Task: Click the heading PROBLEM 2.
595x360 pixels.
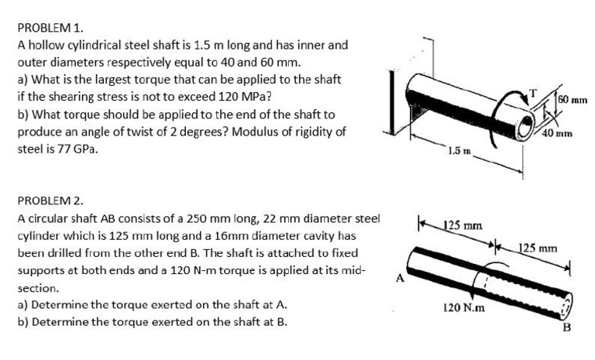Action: [47, 201]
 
